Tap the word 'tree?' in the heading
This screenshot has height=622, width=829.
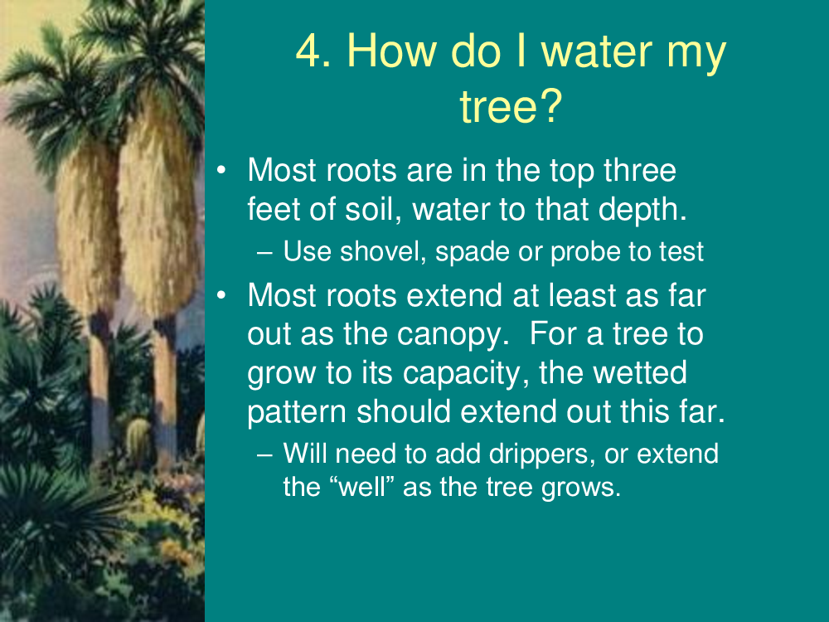[511, 106]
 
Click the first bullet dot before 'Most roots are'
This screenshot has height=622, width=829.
[221, 170]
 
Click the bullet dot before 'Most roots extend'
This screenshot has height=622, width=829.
[221, 294]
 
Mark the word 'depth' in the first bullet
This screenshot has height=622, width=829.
[642, 211]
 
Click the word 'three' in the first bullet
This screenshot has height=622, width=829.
[640, 170]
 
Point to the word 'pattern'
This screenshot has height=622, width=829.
[296, 412]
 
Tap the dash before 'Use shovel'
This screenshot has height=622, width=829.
[265, 253]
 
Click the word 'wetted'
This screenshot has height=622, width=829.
[640, 373]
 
